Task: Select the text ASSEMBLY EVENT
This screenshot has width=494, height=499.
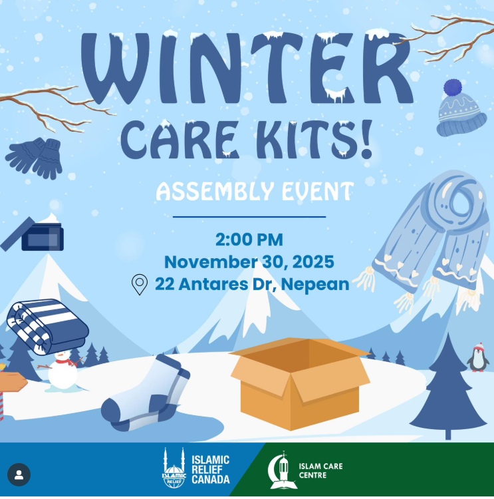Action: coord(254,192)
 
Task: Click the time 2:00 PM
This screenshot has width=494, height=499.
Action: coord(249,239)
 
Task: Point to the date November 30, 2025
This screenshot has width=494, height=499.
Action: coord(249,261)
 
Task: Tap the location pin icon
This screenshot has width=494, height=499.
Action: coord(139,284)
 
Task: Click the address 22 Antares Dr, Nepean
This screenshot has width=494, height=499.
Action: coord(252,284)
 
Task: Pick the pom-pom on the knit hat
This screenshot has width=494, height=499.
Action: coord(453,88)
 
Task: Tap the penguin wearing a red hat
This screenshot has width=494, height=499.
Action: coord(477,359)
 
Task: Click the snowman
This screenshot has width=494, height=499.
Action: coord(61,371)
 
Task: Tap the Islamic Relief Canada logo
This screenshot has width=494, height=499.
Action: coord(196,468)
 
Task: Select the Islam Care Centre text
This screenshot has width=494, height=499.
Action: coord(321,470)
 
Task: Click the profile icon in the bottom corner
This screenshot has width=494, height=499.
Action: coord(19,475)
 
